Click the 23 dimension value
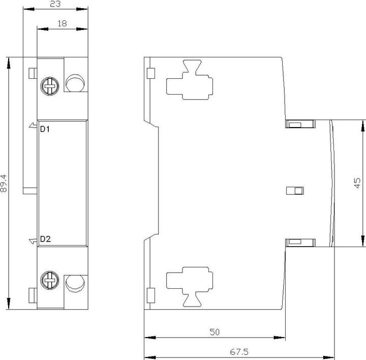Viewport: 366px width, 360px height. click(x=55, y=4)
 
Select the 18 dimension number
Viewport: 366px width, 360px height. click(x=62, y=23)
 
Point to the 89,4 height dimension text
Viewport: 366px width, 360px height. click(x=4, y=183)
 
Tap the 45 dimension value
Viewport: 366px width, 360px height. click(x=357, y=183)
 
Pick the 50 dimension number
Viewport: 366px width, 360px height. click(x=215, y=332)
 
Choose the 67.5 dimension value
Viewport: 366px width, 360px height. click(x=239, y=352)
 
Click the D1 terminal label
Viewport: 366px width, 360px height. click(x=45, y=129)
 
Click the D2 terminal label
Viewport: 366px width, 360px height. click(x=45, y=239)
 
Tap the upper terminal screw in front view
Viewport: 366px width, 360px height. click(x=50, y=86)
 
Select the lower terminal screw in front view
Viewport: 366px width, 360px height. click(x=50, y=280)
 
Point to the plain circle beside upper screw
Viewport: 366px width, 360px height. click(x=75, y=83)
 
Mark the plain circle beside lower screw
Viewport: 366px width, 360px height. click(x=75, y=283)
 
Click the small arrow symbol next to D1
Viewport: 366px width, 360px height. click(x=33, y=126)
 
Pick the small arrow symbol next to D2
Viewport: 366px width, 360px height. click(x=33, y=241)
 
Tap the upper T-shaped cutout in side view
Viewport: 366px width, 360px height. click(x=190, y=80)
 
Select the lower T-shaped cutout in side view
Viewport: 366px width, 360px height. click(x=190, y=287)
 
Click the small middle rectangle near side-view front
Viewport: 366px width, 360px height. click(x=295, y=190)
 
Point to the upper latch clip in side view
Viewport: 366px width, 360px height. click(x=300, y=124)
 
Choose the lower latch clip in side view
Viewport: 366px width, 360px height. click(x=300, y=243)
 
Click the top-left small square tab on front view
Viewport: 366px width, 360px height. click(x=33, y=73)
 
